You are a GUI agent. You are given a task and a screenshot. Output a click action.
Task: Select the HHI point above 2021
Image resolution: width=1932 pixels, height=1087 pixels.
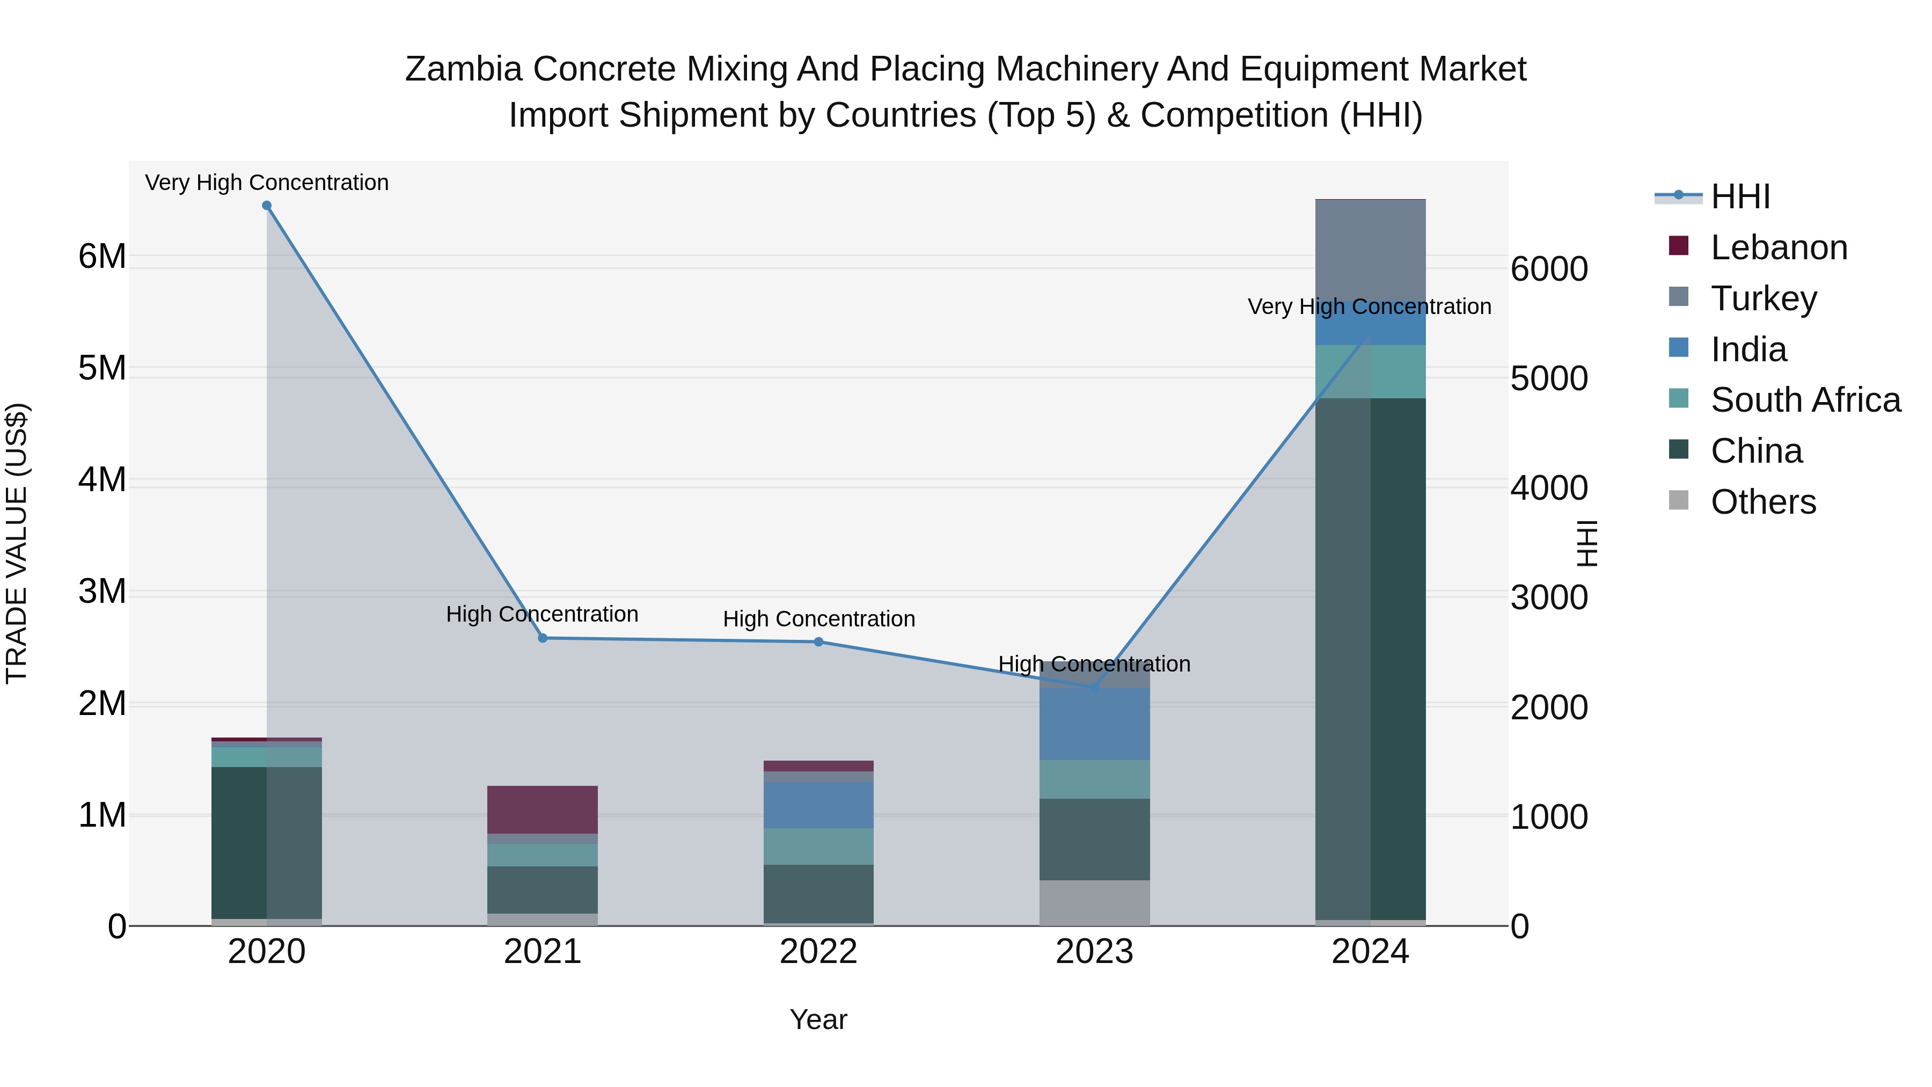tap(543, 638)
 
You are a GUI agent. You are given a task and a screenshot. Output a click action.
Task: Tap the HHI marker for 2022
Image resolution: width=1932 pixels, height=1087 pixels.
tap(818, 642)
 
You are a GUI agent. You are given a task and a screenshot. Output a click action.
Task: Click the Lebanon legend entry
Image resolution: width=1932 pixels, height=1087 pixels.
tap(1779, 247)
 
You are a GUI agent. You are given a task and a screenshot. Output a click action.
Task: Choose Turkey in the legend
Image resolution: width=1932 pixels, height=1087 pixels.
tap(1763, 298)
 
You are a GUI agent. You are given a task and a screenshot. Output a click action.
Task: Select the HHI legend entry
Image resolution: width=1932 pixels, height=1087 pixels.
tap(1740, 196)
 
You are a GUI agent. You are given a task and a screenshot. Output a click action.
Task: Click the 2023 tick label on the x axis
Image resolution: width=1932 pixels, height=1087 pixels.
tap(1094, 952)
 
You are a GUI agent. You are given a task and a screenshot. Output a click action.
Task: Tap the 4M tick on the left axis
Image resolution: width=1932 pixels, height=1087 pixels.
tap(102, 479)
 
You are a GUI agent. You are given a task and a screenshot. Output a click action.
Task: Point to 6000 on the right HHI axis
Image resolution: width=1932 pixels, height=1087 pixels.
tap(1549, 269)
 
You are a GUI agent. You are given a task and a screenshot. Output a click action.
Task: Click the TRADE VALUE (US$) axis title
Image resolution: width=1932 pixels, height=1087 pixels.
tap(17, 543)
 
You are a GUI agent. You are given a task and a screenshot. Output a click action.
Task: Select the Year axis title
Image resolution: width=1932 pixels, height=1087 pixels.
tap(818, 1019)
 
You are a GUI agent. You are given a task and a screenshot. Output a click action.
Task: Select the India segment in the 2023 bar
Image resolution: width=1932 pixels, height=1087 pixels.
tap(1094, 724)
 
